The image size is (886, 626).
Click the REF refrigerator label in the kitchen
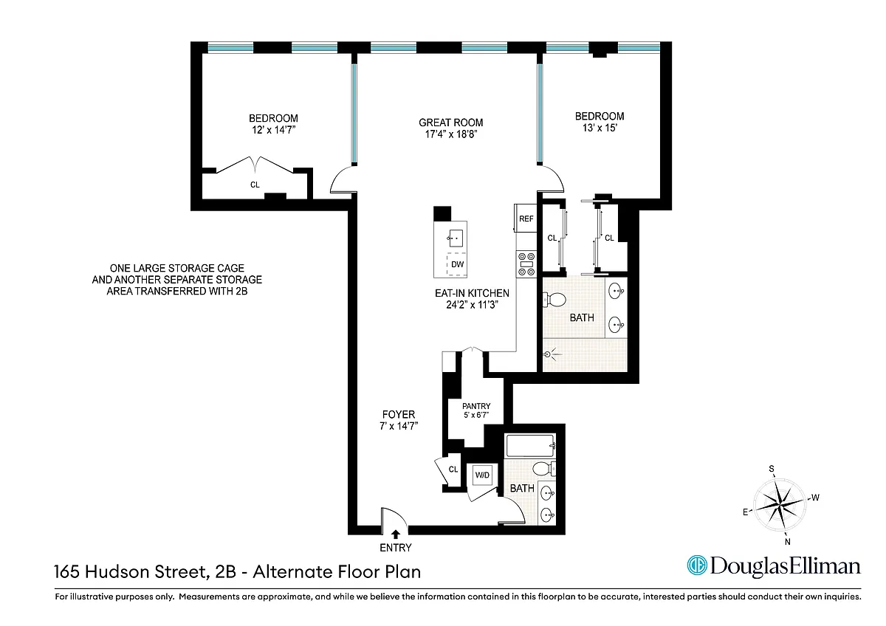526,219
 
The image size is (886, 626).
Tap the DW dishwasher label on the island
457,264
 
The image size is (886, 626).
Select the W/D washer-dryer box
482,475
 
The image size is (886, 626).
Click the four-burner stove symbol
526,264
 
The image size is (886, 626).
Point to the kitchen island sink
456,238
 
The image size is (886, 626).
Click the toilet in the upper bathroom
554,300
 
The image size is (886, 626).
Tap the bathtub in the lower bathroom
530,446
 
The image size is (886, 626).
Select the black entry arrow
396,534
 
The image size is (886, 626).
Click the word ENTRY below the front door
396,548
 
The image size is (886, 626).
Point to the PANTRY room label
476,406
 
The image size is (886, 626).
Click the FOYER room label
399,414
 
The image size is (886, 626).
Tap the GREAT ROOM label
451,123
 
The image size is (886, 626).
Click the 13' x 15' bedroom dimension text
600,128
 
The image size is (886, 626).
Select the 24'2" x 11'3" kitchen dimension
473,304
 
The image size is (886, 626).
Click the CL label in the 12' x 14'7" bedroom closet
255,185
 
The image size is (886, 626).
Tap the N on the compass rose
787,542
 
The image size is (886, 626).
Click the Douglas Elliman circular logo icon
697,565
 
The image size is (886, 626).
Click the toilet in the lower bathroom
544,469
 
